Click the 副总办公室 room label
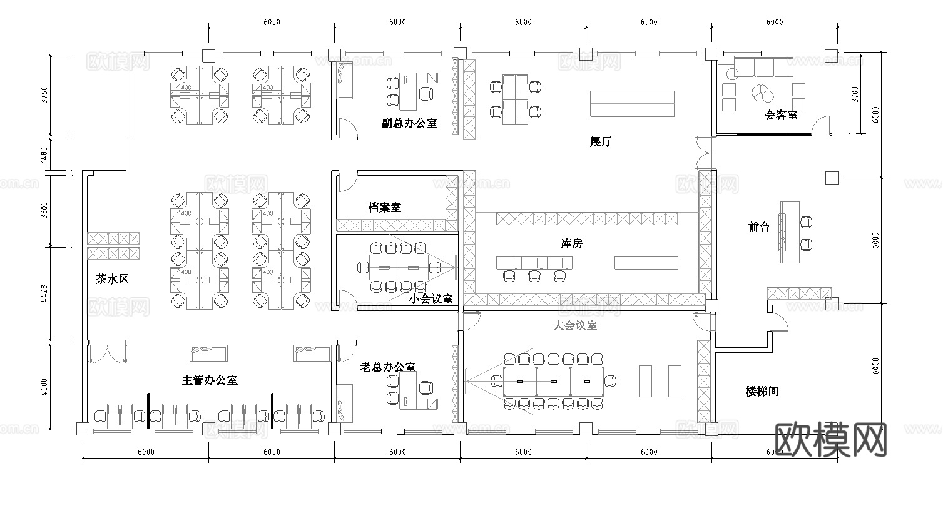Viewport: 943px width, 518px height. [x=409, y=123]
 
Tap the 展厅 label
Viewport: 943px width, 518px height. [x=601, y=141]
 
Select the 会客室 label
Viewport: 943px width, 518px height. [x=781, y=115]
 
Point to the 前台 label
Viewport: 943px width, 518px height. [x=759, y=227]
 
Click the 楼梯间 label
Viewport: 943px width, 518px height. [x=762, y=391]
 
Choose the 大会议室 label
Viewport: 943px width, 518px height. [x=575, y=325]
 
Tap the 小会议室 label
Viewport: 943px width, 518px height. [x=431, y=299]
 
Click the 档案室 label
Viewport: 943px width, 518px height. [x=385, y=207]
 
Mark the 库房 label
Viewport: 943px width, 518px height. [x=571, y=243]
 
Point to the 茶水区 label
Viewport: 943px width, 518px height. [x=112, y=280]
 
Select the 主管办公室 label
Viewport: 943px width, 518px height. [x=210, y=380]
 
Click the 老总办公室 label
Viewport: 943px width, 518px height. [x=388, y=367]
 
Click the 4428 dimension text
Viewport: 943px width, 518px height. [x=43, y=294]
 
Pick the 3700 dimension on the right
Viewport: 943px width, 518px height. [x=855, y=94]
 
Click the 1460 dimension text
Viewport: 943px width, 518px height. [x=43, y=154]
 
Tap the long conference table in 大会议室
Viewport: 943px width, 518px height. [x=553, y=381]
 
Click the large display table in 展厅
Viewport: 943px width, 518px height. [x=633, y=103]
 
